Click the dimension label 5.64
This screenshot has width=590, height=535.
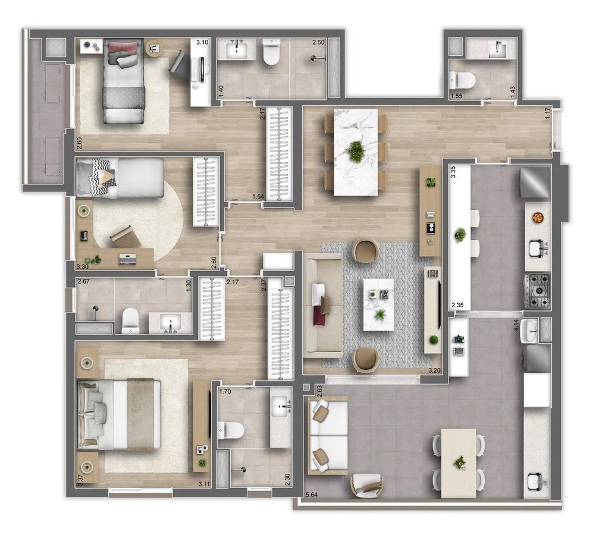point(312,495)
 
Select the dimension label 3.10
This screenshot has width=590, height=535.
point(202,42)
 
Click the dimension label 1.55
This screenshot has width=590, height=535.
point(456,96)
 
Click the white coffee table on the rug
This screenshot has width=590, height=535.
point(378,304)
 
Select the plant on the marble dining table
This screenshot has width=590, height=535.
point(355,151)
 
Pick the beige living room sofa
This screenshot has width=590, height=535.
point(323,306)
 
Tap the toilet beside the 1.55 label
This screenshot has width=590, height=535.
point(463,80)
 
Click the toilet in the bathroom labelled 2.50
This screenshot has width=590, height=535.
point(271,52)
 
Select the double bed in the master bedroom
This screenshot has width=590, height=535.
point(119,414)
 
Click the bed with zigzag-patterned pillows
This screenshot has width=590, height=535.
point(120,178)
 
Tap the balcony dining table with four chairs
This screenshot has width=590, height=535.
point(459,463)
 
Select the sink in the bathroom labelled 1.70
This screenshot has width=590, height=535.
point(281,406)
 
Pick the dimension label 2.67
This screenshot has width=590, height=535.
point(83,281)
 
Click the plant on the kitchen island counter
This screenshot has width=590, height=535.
point(460,235)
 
